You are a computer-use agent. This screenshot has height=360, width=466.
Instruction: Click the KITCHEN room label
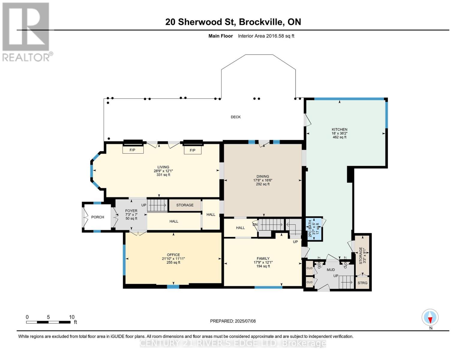click(339, 129)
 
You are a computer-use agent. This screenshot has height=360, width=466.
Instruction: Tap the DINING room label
click(263, 176)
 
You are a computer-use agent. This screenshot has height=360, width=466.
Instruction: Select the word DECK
click(236, 117)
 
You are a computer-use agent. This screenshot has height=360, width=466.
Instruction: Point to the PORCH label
click(98, 217)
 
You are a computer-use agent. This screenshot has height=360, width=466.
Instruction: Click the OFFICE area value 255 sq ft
click(173, 262)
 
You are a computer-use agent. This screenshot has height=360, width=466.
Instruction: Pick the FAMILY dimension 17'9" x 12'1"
click(263, 262)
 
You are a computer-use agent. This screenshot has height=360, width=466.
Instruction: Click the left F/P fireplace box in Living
click(133, 150)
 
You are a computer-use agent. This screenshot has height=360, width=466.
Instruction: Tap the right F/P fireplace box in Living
click(193, 150)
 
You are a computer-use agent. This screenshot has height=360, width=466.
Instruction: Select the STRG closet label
click(362, 283)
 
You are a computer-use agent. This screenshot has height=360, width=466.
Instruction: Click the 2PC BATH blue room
click(314, 229)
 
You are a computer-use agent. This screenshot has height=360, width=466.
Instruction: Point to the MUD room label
click(331, 270)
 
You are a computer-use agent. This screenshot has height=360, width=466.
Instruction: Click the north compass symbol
click(430, 317)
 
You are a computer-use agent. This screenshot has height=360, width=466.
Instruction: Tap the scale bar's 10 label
click(72, 317)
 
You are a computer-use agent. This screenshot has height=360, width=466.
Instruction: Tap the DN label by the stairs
click(255, 225)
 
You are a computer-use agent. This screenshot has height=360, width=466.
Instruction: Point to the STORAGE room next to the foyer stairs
click(185, 205)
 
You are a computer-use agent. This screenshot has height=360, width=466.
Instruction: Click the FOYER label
click(131, 211)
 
